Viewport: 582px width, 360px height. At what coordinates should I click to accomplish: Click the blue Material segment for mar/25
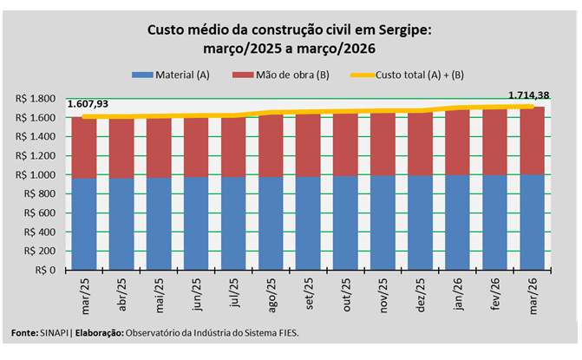point(84,224)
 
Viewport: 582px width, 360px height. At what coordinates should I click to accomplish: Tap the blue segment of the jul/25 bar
point(233,223)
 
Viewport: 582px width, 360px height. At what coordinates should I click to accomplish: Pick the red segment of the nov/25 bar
point(383,144)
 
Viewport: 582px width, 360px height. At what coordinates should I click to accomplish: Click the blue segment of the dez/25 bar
point(421,222)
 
